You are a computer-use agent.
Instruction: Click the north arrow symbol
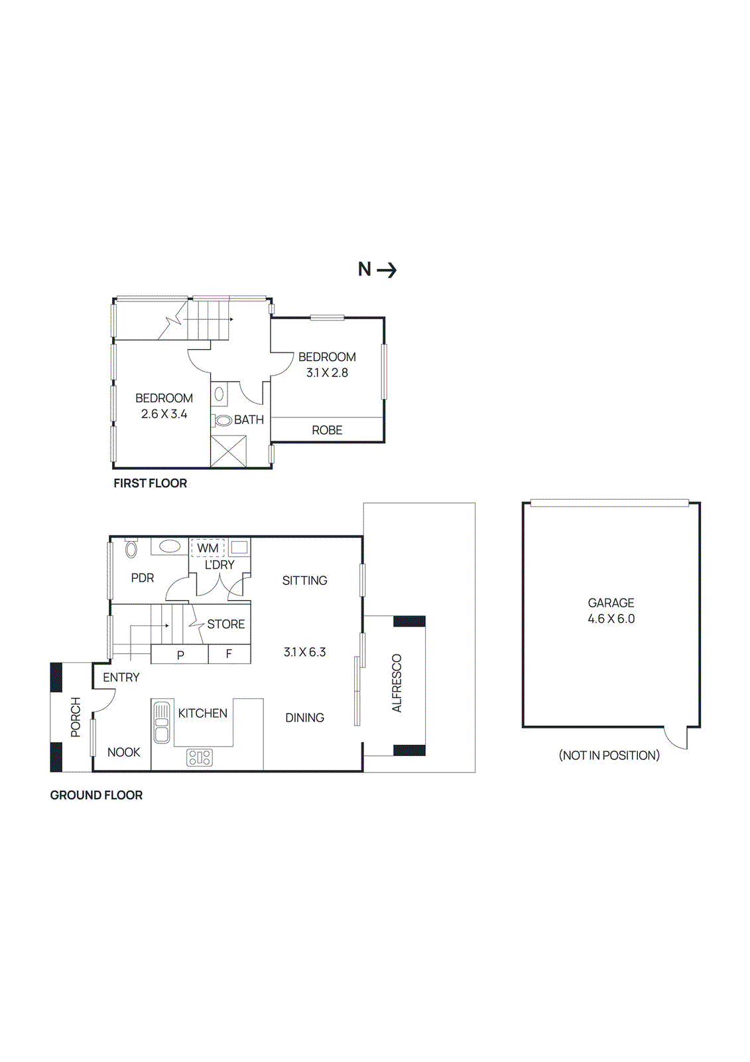(387, 269)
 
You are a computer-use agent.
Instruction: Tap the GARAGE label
(611, 603)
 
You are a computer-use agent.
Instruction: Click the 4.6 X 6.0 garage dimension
(611, 619)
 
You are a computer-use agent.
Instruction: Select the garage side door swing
(676, 737)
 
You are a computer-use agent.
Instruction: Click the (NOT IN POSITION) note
(609, 755)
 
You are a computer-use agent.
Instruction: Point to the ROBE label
(327, 430)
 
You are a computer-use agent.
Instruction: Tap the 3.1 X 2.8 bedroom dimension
(327, 373)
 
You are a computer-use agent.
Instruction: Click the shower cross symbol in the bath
(229, 451)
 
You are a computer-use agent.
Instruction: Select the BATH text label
(249, 419)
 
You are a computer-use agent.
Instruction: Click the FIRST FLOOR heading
(150, 483)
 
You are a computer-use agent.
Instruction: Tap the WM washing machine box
(208, 548)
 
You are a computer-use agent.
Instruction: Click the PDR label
(143, 578)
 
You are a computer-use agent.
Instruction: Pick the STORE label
(225, 624)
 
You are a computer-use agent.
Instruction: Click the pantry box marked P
(180, 654)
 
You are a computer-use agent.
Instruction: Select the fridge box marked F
(229, 654)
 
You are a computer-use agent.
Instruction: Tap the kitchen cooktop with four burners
(200, 757)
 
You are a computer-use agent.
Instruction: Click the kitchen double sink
(162, 722)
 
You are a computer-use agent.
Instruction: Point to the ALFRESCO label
(397, 684)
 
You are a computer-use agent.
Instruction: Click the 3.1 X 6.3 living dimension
(304, 652)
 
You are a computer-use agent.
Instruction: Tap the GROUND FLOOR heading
(96, 795)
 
